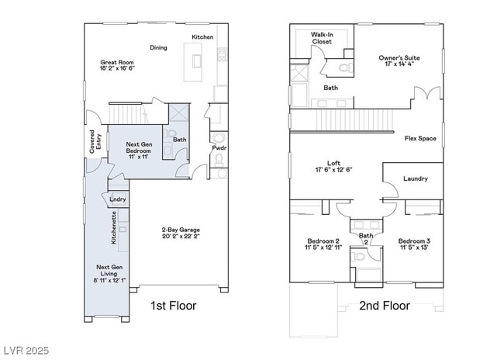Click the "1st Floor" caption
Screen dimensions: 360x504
174,306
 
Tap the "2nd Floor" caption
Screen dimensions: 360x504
385,306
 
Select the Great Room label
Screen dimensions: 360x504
117,65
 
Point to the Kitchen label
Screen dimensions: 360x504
202,37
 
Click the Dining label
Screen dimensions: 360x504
158,47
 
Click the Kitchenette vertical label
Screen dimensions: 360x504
113,229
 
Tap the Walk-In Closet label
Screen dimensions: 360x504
322,38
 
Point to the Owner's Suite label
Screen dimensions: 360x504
399,61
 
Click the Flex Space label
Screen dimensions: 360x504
420,139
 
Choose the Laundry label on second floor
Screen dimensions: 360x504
415,178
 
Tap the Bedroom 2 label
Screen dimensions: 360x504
323,244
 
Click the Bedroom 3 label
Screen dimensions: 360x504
415,244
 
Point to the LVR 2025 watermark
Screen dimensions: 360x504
26,351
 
